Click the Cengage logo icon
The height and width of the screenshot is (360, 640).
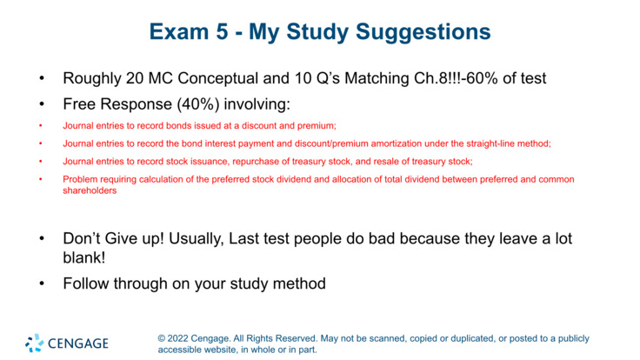[35, 343]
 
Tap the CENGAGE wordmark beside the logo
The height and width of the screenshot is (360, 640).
[78, 343]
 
